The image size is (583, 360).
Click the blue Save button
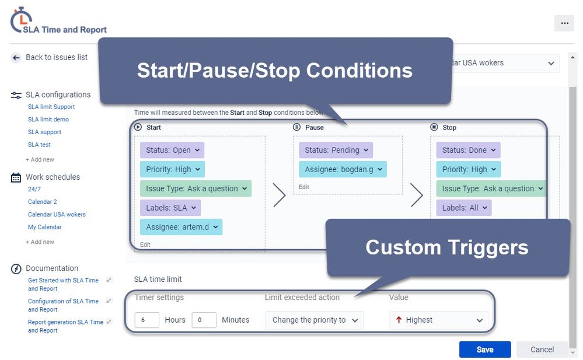coord(484,349)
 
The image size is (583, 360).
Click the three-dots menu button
coord(564,23)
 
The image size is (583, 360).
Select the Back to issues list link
coord(56,57)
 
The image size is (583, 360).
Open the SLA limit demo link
coord(48,120)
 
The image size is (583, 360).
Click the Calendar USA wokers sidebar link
coord(57,214)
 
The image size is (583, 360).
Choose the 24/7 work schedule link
coord(34,189)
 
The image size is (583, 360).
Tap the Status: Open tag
coord(172,150)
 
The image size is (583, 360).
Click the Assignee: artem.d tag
coord(181,227)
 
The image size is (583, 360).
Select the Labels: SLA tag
coord(170,208)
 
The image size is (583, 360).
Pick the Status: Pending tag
coord(334,150)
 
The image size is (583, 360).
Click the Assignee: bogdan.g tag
coord(343,169)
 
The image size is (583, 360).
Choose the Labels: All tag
coord(463,208)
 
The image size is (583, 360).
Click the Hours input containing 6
coord(146,320)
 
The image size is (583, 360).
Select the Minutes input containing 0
coord(204,320)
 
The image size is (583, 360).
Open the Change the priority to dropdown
coord(314,320)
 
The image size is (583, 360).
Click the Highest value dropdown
coord(439,320)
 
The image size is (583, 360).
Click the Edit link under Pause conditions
coord(304,187)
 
